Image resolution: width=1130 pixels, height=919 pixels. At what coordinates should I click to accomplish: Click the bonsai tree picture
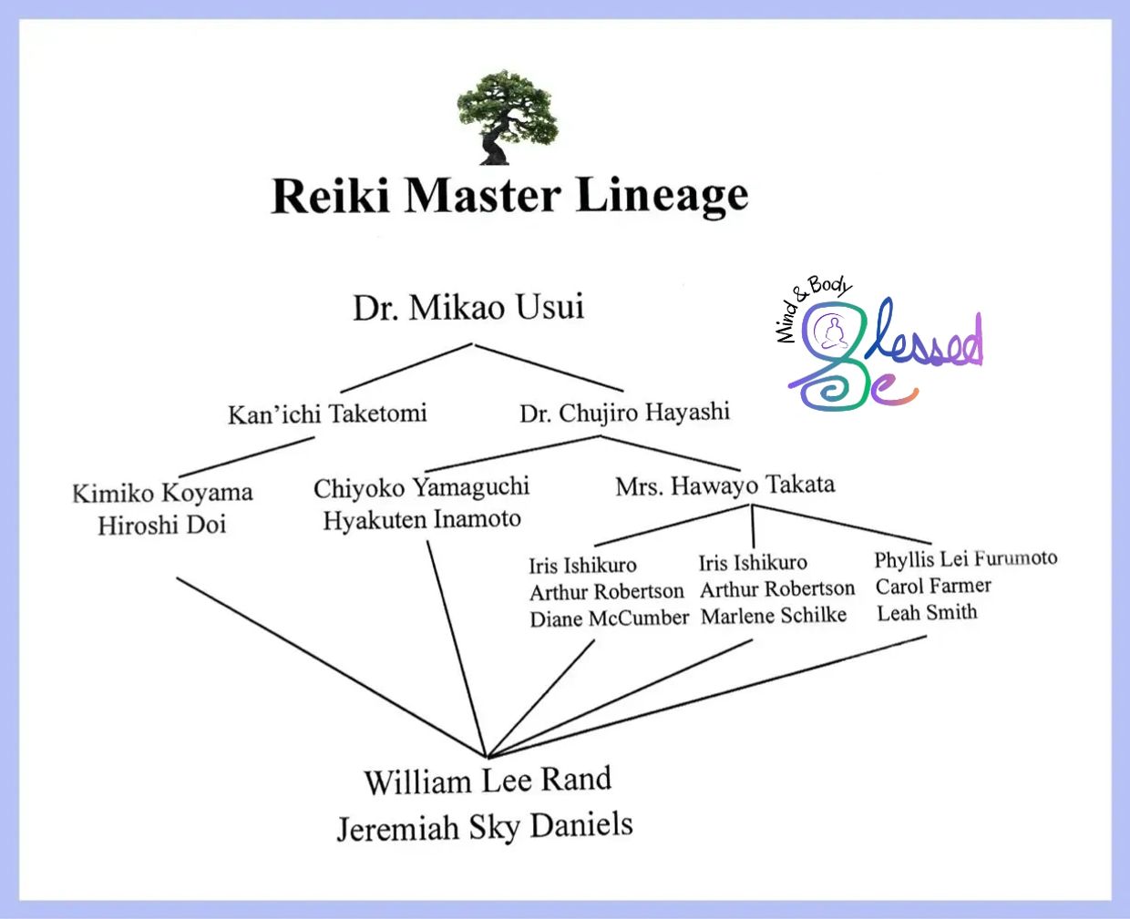[506, 117]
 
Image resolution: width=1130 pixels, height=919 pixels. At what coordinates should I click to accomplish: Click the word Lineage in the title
[662, 196]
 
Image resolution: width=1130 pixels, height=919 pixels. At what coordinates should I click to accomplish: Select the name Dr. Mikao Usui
[468, 308]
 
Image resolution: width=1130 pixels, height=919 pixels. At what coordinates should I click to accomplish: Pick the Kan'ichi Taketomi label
[327, 414]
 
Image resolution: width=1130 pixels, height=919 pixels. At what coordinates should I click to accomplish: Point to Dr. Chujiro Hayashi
[624, 413]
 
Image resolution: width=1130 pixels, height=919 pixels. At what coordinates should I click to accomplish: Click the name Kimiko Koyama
[162, 493]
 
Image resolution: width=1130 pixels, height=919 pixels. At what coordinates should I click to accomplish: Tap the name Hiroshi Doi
[161, 525]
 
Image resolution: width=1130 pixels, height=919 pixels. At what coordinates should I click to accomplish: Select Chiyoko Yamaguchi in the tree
[421, 487]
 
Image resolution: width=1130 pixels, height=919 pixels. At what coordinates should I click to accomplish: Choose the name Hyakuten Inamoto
[422, 519]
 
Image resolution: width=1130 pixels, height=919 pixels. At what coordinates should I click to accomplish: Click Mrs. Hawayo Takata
[724, 485]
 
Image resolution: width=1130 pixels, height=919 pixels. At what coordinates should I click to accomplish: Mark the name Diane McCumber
[609, 618]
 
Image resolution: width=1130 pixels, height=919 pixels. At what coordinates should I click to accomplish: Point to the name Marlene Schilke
[774, 616]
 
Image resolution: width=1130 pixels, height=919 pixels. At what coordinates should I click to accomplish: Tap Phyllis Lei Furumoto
[965, 558]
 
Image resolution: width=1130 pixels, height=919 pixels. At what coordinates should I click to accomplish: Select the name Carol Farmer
[933, 586]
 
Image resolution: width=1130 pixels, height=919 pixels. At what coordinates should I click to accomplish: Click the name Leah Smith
[927, 613]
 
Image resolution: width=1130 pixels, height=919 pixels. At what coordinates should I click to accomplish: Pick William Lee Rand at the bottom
[488, 781]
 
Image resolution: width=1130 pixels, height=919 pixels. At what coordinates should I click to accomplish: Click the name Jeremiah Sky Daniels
[485, 827]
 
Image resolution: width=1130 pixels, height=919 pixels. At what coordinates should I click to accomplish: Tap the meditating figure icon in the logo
[830, 333]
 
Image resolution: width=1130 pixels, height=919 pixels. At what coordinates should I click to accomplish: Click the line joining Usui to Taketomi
[406, 368]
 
